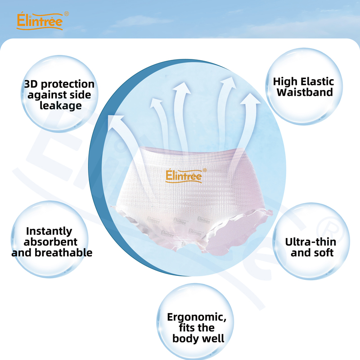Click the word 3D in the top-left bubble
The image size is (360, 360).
coord(32,84)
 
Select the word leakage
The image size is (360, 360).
coord(61,106)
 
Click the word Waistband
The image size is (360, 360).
coord(305,93)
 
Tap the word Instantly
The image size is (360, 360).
coord(49,231)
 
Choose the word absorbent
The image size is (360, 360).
coord(51,242)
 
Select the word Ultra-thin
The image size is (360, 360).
coord(310,242)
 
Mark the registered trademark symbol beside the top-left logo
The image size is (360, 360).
coord(67,14)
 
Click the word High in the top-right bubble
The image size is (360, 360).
coord(285,81)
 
